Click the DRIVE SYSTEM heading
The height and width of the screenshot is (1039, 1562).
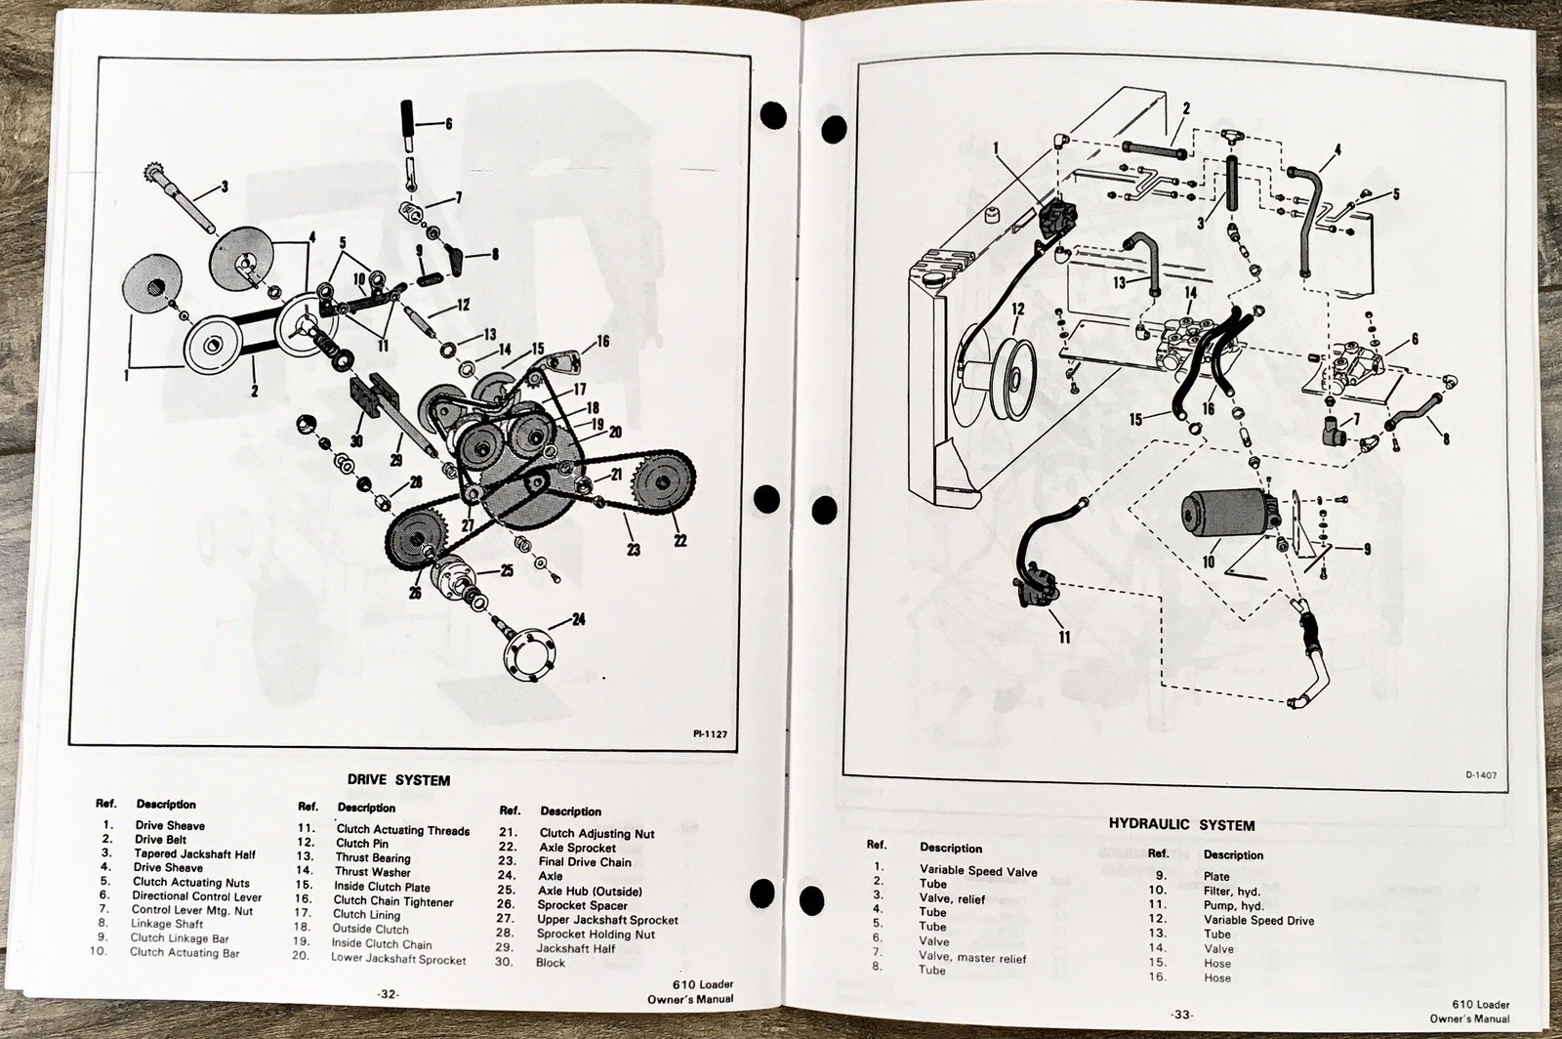pos(398,780)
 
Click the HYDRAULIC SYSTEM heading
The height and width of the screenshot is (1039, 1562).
pos(1181,825)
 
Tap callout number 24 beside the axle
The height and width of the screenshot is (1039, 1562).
pos(579,618)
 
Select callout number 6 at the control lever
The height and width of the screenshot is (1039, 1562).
pos(448,124)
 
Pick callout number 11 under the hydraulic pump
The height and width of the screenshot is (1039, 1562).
pos(1064,636)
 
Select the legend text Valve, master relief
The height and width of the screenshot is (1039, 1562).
pos(972,956)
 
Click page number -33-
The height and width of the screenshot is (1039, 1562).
pos(1182,1015)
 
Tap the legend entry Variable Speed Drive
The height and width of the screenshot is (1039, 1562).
pos(1258,920)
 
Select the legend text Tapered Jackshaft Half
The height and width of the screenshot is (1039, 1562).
pos(194,853)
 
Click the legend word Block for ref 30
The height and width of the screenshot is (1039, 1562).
pos(551,962)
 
